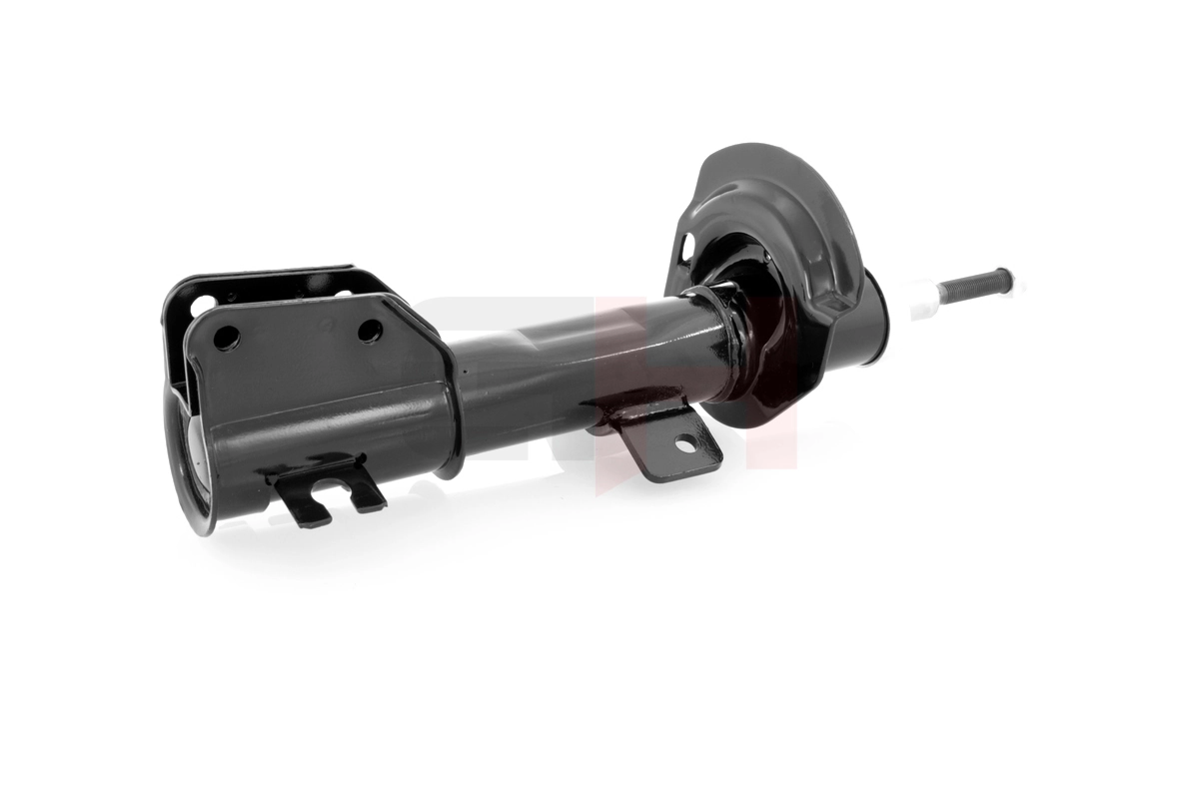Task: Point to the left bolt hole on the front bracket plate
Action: pyautogui.click(x=226, y=338)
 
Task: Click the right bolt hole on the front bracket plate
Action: pyautogui.click(x=370, y=330)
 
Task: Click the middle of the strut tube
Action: pyautogui.click(x=590, y=365)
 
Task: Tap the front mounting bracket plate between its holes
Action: pyautogui.click(x=300, y=340)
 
